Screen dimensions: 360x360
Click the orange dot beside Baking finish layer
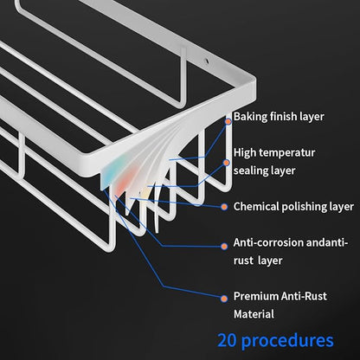(228, 121)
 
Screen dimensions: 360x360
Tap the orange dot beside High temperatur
(227, 163)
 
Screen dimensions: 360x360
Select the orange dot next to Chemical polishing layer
(224, 207)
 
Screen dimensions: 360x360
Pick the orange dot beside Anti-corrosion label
(224, 246)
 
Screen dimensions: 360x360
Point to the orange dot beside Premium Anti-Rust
(224, 299)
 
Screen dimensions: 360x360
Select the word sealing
(247, 170)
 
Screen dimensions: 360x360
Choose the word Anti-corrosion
(268, 242)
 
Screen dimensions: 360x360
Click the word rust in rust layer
(242, 260)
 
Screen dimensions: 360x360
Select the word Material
(254, 314)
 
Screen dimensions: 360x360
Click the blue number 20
(227, 340)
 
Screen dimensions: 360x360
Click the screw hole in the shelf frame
(206, 61)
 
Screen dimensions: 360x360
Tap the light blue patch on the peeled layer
(109, 174)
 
